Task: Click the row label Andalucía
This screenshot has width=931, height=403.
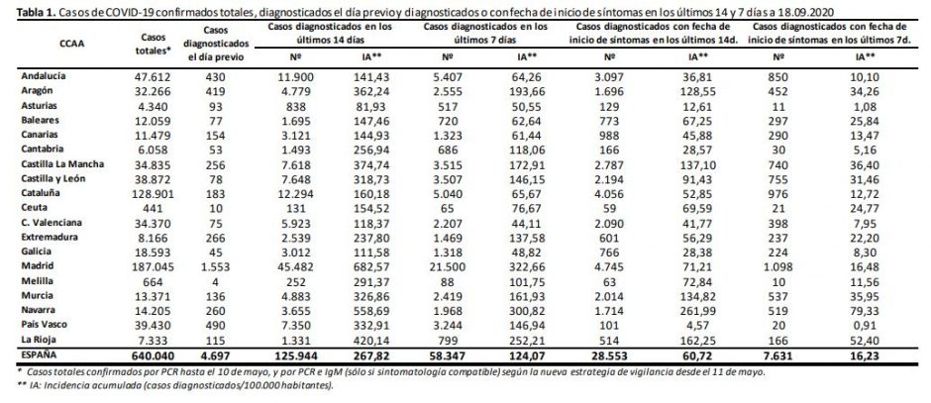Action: tap(44, 76)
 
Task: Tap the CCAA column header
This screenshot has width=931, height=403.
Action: tap(70, 44)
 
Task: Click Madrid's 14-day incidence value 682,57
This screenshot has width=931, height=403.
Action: tap(368, 266)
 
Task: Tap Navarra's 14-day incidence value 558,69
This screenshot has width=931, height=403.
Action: tap(368, 310)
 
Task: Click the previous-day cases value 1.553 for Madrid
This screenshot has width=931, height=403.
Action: tap(229, 266)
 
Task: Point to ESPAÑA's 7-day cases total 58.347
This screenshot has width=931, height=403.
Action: tap(456, 353)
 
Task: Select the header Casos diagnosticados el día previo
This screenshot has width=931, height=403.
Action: tap(229, 43)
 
